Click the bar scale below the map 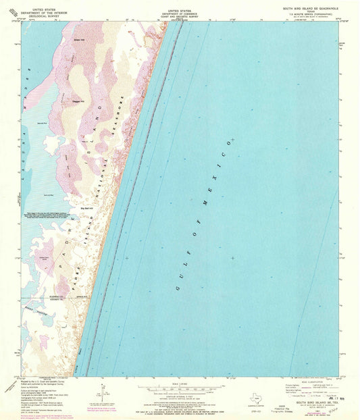[180, 389]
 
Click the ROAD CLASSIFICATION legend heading [315, 381]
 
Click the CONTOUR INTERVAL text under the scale [180, 397]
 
